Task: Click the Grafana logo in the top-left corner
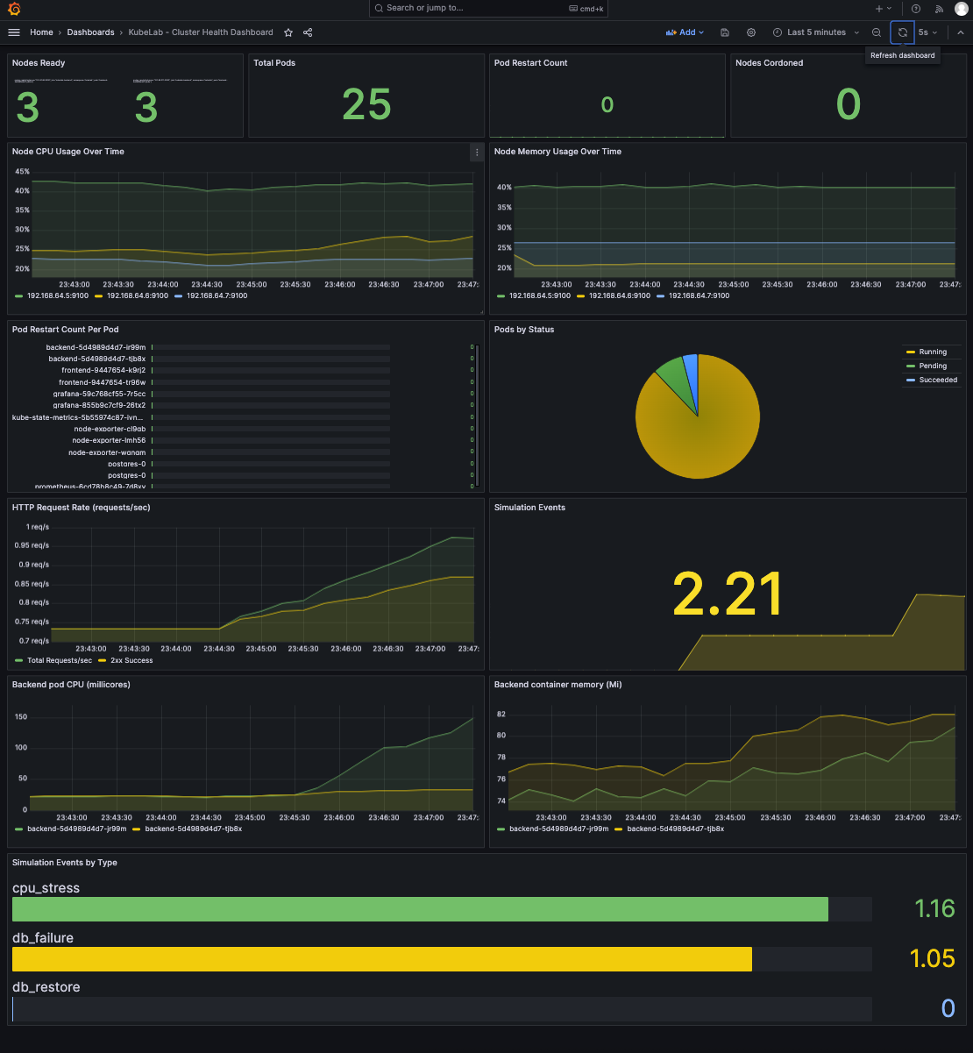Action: tap(14, 9)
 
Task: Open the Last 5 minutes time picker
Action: tap(815, 32)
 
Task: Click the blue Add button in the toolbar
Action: tap(685, 32)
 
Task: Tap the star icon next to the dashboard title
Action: tap(288, 32)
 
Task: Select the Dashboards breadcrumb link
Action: tap(90, 32)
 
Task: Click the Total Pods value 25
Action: tap(366, 105)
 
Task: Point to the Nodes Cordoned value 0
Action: tap(848, 105)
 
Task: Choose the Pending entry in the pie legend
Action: tap(932, 366)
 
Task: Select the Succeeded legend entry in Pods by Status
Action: tap(937, 380)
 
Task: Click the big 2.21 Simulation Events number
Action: tap(727, 594)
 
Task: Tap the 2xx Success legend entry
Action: tap(131, 660)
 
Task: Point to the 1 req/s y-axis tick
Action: tap(38, 527)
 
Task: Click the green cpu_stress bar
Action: tap(420, 909)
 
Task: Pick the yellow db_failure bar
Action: tap(382, 958)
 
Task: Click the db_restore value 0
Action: tap(947, 1008)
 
